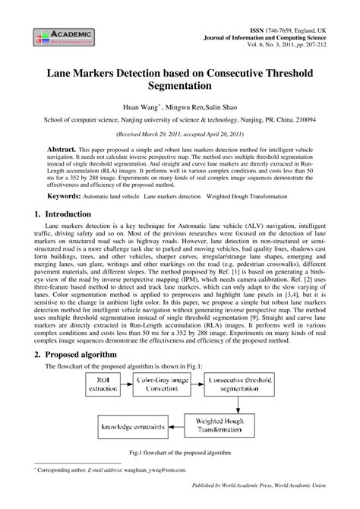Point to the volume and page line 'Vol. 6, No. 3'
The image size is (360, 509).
point(289,45)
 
